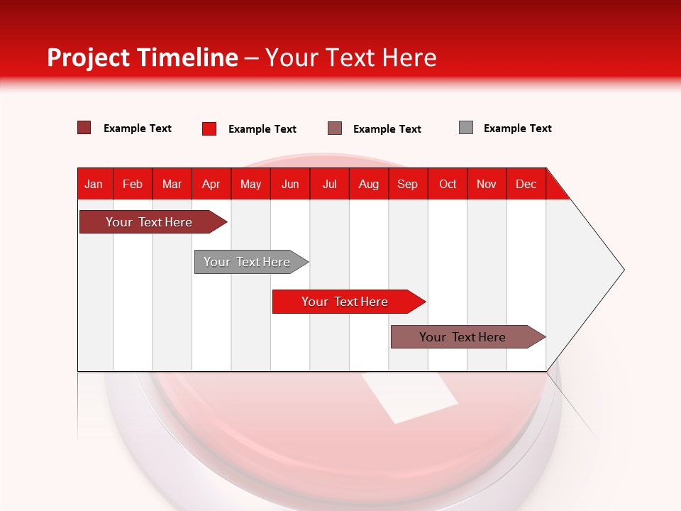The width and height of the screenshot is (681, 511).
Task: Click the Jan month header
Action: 94,184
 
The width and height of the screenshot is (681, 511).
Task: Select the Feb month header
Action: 133,184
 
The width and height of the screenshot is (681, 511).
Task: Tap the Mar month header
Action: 172,184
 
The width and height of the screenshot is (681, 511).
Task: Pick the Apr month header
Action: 211,184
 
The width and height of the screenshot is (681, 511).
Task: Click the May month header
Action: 250,184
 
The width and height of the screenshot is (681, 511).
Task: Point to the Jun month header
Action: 290,184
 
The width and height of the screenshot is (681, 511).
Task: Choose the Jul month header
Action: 329,184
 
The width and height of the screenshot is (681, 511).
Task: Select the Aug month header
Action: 369,184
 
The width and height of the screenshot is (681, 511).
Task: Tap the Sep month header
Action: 408,184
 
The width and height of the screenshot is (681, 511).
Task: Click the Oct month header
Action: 448,184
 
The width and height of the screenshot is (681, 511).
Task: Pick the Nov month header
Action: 487,184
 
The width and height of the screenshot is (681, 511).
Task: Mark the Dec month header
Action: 526,184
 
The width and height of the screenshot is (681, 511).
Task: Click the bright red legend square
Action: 209,128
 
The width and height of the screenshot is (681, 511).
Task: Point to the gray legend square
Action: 466,128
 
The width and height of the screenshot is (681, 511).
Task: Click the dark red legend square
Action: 84,128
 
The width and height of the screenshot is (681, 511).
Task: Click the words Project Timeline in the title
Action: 143,57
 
